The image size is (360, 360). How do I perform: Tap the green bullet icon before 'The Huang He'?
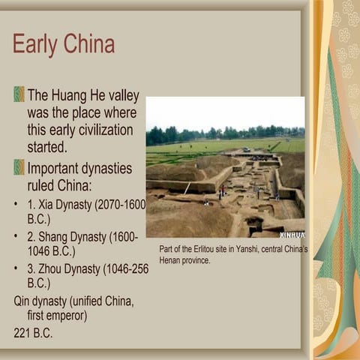click(19, 94)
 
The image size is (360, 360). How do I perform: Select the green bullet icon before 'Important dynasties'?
click(19, 166)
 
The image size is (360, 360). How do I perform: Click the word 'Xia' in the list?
click(52, 205)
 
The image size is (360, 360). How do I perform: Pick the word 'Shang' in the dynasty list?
click(59, 237)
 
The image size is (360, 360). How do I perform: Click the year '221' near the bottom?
click(24, 333)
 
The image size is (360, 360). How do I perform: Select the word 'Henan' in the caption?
click(175, 260)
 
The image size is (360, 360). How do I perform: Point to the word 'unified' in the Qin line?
click(88, 301)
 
